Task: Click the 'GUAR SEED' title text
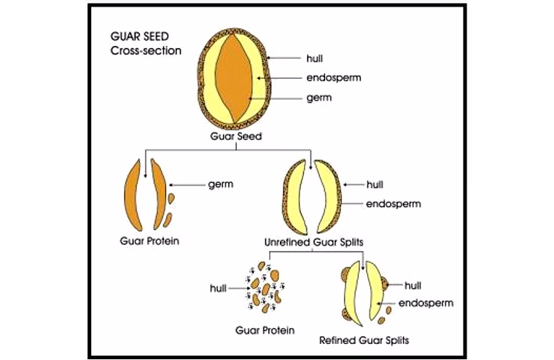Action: (x=139, y=36)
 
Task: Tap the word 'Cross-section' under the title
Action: (x=146, y=50)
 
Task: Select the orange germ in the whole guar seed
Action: (x=233, y=78)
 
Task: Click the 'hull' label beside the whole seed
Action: (x=314, y=58)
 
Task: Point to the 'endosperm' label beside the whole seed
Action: (x=334, y=78)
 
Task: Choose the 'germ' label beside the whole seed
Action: (x=319, y=98)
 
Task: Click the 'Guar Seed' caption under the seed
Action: (x=236, y=136)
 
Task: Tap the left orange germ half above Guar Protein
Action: (x=133, y=195)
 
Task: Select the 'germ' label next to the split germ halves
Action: (x=220, y=184)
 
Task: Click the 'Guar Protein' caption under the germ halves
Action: (x=149, y=241)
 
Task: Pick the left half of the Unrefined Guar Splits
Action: (x=294, y=197)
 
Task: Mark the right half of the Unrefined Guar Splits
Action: (x=328, y=197)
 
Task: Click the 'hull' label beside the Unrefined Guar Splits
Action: (x=375, y=184)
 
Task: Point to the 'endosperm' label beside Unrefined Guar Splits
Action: (x=394, y=204)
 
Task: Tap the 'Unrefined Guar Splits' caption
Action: (x=313, y=243)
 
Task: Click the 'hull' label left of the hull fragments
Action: (x=218, y=289)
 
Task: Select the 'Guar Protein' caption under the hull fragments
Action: (x=265, y=330)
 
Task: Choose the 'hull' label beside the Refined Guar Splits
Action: (x=413, y=286)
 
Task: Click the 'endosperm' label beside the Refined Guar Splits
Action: (x=426, y=303)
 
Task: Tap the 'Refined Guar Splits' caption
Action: (x=364, y=340)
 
